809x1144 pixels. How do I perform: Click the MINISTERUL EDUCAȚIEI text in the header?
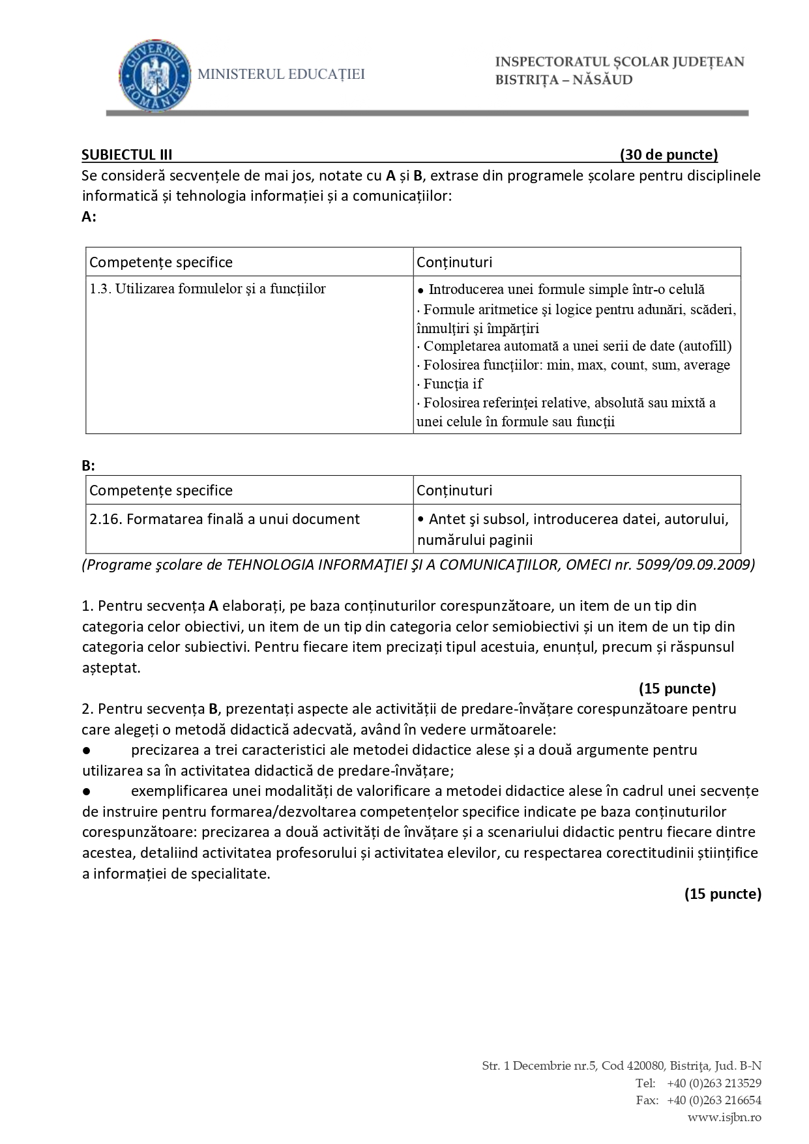281,74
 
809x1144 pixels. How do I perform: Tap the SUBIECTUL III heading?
127,154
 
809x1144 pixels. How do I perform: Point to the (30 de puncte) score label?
668,154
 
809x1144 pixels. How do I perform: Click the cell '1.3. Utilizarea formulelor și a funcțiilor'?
207,289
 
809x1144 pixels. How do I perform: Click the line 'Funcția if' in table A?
452,383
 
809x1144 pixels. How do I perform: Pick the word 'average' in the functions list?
707,365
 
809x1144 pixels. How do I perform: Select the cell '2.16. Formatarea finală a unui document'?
224,519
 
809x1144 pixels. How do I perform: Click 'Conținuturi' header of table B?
454,490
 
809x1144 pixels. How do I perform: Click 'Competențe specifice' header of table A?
161,262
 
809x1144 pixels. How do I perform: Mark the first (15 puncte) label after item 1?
677,688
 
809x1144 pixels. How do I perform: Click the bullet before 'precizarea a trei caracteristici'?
86,750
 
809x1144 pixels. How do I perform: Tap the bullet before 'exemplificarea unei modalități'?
86,791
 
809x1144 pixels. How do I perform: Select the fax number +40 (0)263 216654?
714,1100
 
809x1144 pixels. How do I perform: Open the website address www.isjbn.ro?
724,1117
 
